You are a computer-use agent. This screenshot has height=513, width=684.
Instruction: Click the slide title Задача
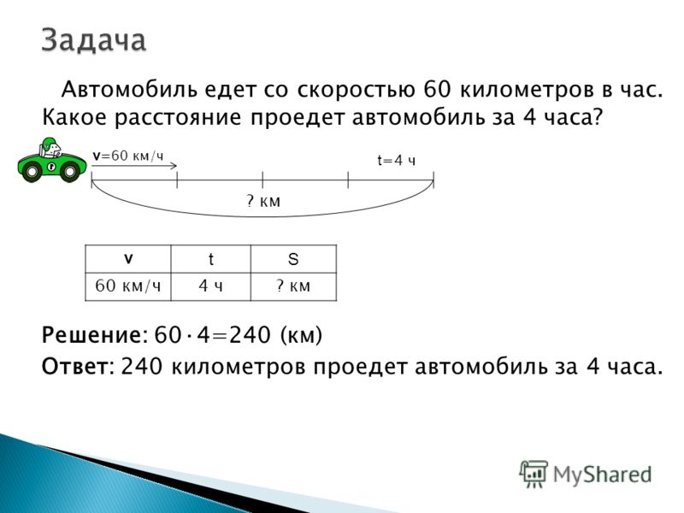pyautogui.click(x=94, y=40)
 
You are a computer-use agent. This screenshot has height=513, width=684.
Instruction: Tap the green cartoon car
pyautogui.click(x=52, y=160)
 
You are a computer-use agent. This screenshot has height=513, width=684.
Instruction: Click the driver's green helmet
pyautogui.click(x=49, y=144)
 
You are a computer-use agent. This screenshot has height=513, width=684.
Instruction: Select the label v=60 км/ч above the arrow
pyautogui.click(x=128, y=156)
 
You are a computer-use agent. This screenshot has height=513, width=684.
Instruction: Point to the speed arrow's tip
pyautogui.click(x=177, y=165)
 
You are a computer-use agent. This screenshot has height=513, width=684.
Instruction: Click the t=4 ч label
pyautogui.click(x=396, y=161)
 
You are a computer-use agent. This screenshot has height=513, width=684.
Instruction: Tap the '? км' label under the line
pyautogui.click(x=263, y=201)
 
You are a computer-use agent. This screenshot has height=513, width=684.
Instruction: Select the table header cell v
pyautogui.click(x=127, y=259)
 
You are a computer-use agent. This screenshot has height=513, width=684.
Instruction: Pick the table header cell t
pyautogui.click(x=210, y=259)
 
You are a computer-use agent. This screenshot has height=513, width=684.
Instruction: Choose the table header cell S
pyautogui.click(x=293, y=259)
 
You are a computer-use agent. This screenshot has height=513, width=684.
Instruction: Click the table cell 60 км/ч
pyautogui.click(x=127, y=286)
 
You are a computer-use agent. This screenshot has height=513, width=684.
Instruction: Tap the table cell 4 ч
pyautogui.click(x=210, y=286)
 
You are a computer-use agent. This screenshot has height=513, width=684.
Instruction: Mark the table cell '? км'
pyautogui.click(x=293, y=286)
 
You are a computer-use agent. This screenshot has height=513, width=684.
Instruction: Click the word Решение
pyautogui.click(x=91, y=335)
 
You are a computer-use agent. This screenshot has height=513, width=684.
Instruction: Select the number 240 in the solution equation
pyautogui.click(x=250, y=335)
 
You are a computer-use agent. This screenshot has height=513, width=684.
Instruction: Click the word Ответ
pyautogui.click(x=74, y=367)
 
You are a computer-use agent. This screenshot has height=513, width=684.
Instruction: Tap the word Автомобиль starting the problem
pyautogui.click(x=129, y=90)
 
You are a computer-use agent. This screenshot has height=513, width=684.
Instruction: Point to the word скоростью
pyautogui.click(x=356, y=91)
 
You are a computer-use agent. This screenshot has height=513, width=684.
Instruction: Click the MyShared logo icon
pyautogui.click(x=533, y=474)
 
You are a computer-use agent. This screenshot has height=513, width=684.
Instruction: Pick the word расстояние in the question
pyautogui.click(x=178, y=118)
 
